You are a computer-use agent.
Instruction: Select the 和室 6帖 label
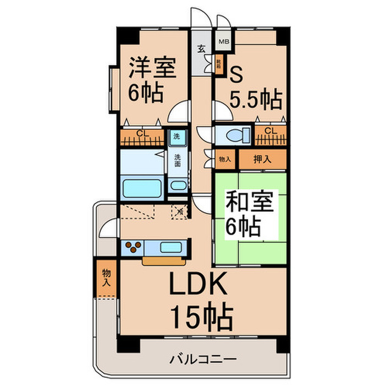[249, 215]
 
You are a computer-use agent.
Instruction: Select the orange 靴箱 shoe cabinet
[219, 66]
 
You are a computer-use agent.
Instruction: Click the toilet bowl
[228, 135]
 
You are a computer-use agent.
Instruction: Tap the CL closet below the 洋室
[142, 136]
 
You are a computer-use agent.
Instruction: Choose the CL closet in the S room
[270, 134]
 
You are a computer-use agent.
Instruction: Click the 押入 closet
[262, 159]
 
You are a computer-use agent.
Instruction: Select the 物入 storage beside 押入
[225, 159]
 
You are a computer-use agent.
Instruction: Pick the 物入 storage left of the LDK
[106, 278]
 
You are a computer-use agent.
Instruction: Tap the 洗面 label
[178, 160]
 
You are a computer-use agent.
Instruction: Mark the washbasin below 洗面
[178, 185]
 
